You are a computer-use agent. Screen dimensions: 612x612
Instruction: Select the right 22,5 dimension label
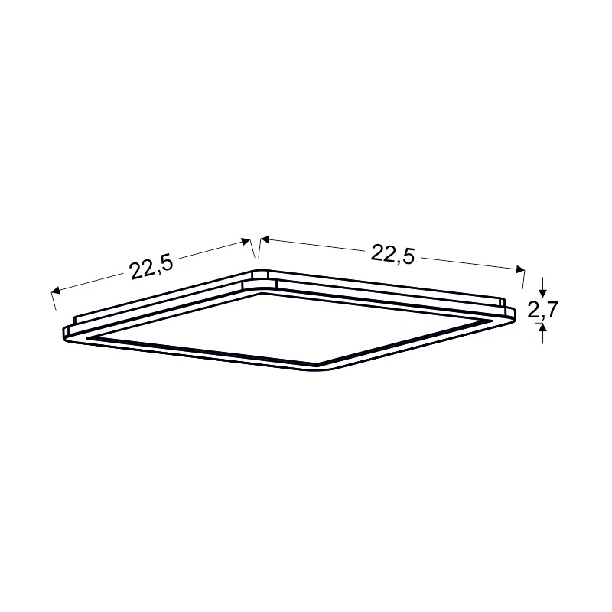tap(392, 254)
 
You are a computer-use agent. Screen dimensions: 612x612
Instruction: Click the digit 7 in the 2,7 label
tap(552, 309)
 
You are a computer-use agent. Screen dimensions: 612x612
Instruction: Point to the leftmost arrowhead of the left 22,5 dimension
tap(55, 290)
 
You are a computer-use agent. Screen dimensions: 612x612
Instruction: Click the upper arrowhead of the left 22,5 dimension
tap(246, 242)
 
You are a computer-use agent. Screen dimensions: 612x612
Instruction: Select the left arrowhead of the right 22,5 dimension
tap(265, 239)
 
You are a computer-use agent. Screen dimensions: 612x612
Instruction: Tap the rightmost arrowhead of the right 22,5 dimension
tap(520, 269)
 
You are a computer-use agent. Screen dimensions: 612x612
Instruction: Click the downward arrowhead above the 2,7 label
tap(542, 294)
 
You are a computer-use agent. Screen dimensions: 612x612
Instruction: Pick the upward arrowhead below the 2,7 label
tap(542, 328)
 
